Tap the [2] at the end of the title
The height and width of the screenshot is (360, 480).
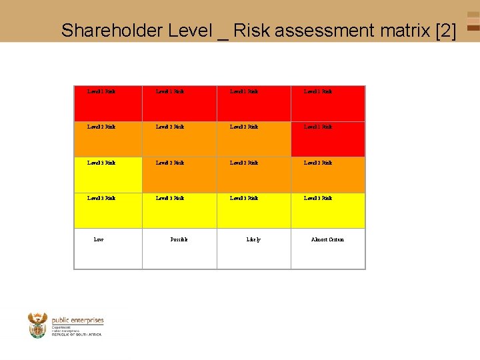point(445,30)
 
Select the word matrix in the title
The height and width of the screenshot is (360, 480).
point(402,30)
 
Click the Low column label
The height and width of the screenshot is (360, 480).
point(99,239)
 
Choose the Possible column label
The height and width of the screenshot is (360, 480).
point(179,239)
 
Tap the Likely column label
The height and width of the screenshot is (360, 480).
point(253,239)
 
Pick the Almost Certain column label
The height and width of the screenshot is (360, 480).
point(327,239)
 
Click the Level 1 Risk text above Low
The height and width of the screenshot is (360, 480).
point(101,91)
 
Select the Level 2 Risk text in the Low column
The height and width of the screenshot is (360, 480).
point(101,127)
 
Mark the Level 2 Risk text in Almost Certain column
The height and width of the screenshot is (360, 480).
point(318,163)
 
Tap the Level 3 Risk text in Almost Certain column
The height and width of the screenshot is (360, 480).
point(318,198)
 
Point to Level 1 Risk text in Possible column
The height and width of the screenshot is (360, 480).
point(170,91)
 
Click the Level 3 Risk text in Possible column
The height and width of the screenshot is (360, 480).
point(170,198)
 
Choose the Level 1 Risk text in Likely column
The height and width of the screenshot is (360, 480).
point(244,91)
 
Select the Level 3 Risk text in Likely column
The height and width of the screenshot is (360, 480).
point(244,198)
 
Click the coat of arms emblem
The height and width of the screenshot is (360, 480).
point(37,325)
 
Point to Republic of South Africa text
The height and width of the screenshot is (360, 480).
point(77,334)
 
